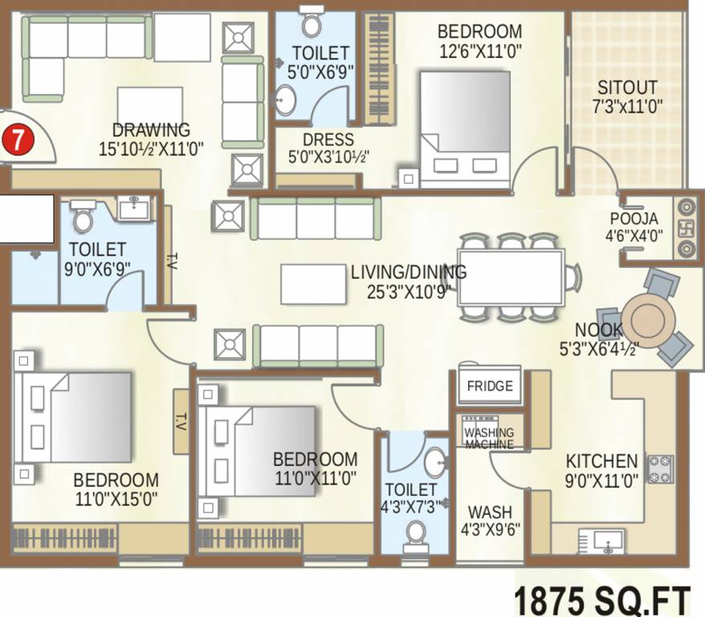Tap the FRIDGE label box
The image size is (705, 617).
tap(489, 386)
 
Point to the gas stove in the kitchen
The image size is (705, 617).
tap(662, 470)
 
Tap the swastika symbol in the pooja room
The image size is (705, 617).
tap(687, 227)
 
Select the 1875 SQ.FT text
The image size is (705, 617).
tap(601, 599)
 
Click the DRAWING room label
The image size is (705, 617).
tap(151, 129)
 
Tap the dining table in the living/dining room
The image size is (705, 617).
tap(510, 278)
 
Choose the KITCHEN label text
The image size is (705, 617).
tap(601, 461)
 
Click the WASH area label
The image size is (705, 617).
tap(489, 512)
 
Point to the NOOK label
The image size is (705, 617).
tap(598, 329)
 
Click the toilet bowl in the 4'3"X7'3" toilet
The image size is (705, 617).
tap(416, 533)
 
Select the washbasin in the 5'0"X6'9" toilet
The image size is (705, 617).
tap(284, 100)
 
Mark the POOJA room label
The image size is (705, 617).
tap(634, 219)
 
